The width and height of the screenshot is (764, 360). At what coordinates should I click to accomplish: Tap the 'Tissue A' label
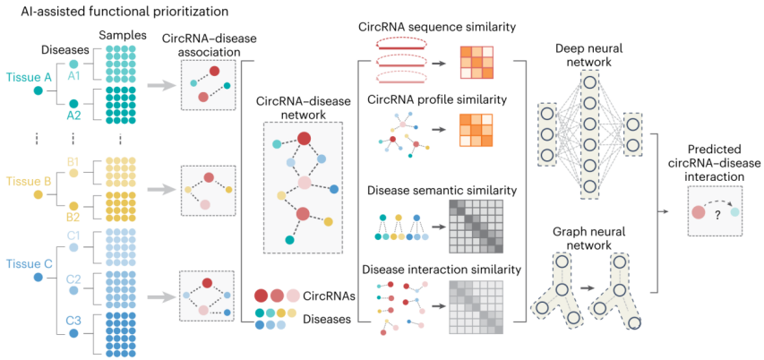29,77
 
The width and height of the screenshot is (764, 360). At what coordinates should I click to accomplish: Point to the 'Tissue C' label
29,266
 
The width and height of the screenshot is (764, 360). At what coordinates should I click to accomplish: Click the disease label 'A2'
74,115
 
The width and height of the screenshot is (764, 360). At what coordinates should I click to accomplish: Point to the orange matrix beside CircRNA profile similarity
477,131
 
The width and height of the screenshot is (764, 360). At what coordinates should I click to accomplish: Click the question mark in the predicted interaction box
716,214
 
